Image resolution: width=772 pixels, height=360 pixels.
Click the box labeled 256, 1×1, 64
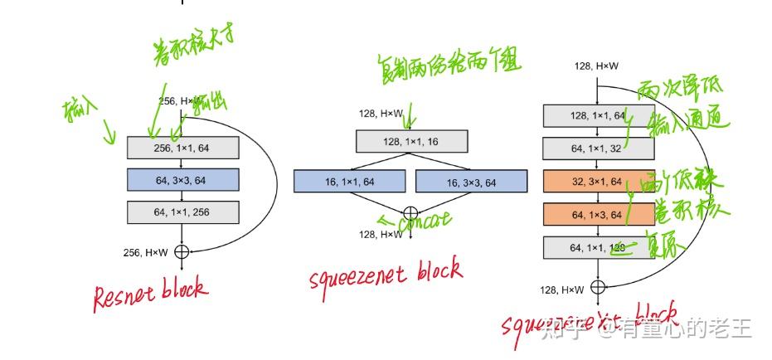point(182,148)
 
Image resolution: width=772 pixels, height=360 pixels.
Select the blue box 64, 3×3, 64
point(182,180)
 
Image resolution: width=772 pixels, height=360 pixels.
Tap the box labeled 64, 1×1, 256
point(182,212)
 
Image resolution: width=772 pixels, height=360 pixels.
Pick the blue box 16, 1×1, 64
point(349,181)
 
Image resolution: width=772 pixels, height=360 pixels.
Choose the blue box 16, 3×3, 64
point(471,181)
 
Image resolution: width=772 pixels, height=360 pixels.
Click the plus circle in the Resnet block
point(182,251)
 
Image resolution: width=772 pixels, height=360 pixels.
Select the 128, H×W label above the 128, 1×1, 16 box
point(381,114)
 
